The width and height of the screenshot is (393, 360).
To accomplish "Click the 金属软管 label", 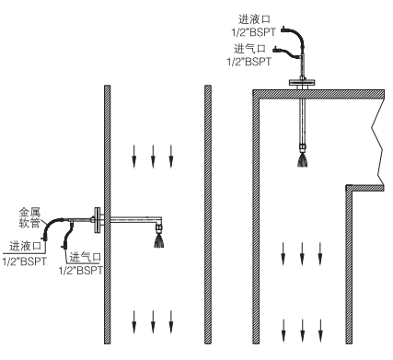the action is click(x=29, y=217).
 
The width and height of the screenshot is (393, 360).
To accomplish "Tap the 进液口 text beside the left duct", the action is click(x=25, y=246).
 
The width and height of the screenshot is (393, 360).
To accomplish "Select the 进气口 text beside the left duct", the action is click(x=86, y=257).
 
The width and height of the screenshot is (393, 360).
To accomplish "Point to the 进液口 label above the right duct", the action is click(x=254, y=19).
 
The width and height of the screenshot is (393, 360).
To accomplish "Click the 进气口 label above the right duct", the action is click(x=249, y=49).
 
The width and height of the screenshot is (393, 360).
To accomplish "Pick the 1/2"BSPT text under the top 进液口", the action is click(x=253, y=32).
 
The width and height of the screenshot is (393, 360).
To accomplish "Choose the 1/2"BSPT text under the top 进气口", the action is click(x=249, y=62).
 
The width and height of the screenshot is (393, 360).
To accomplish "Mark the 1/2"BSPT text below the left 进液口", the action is click(x=25, y=261).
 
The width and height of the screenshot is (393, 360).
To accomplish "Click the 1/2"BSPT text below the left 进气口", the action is click(x=81, y=271).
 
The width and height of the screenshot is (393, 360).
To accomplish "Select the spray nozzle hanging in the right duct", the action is click(x=303, y=155).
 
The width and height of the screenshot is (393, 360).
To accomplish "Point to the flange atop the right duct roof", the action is click(x=303, y=83).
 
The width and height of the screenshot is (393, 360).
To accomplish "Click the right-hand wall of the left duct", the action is click(x=208, y=215).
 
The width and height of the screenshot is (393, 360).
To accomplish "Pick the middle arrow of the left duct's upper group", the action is click(x=153, y=157).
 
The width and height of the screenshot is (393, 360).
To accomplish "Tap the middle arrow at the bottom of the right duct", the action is click(x=302, y=331).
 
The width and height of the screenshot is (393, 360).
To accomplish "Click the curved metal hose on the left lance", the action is click(x=51, y=226).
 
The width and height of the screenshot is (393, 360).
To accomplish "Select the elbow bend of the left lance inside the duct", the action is click(x=158, y=220).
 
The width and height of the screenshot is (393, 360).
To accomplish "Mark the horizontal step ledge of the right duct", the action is click(x=365, y=188).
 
